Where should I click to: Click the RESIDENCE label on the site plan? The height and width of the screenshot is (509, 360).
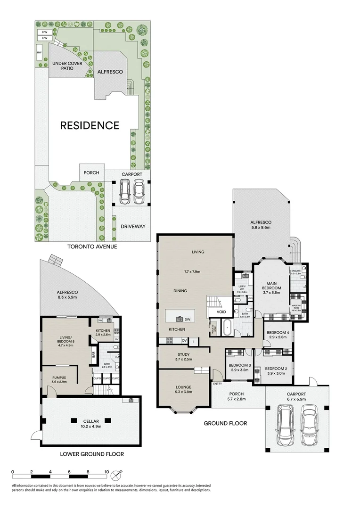point(90,125)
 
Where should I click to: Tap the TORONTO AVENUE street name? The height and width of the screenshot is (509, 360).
point(92,246)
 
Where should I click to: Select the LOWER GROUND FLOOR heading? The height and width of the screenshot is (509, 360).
point(92,454)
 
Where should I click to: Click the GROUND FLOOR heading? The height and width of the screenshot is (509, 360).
point(225,423)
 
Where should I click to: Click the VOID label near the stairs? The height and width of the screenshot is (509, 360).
point(221,312)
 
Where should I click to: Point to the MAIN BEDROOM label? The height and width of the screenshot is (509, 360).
point(271,286)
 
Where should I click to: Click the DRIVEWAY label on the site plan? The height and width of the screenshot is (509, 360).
point(133,226)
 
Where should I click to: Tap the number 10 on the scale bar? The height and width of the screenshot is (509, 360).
point(107,471)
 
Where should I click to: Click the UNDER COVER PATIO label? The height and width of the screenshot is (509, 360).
point(66,66)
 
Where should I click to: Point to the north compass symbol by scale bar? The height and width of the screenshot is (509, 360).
point(121,472)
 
